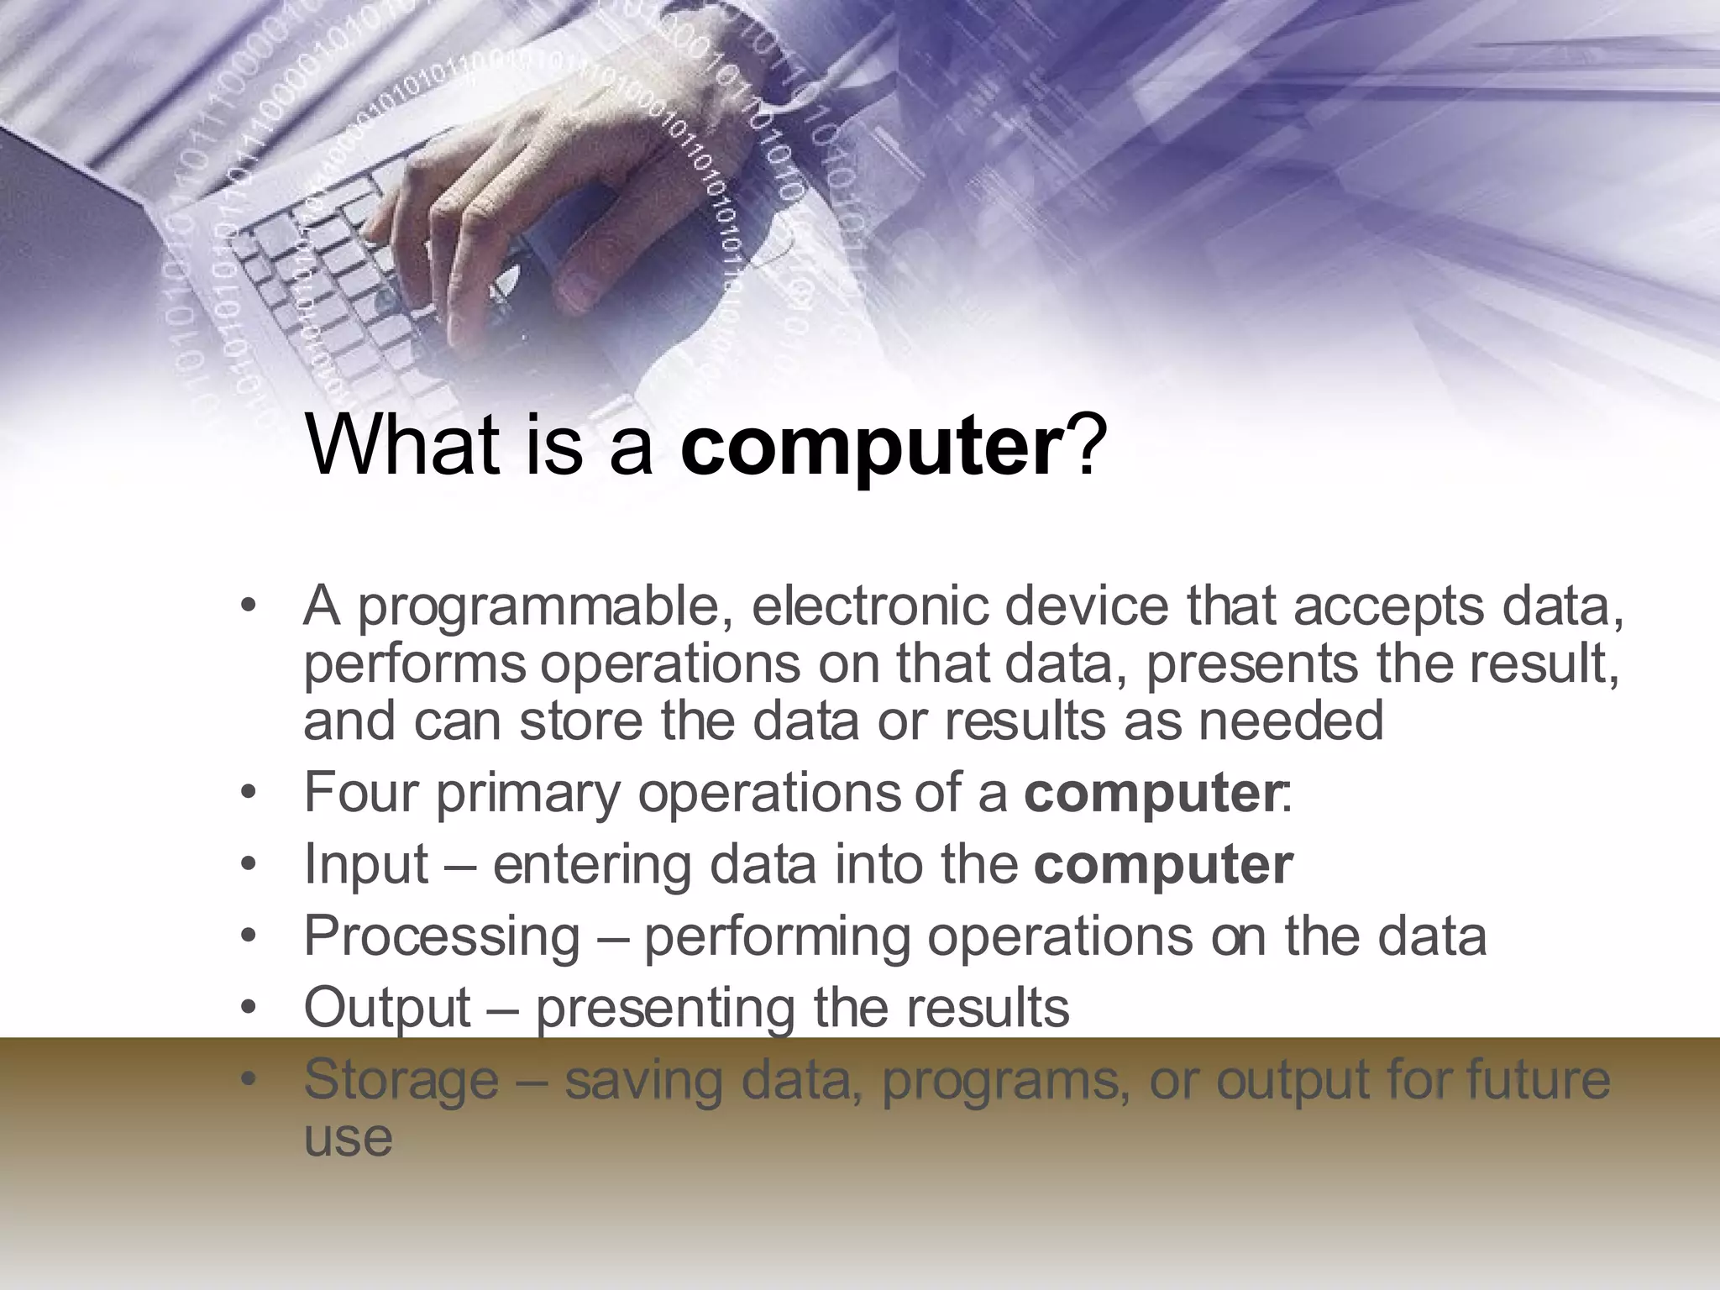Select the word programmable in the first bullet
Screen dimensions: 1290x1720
coord(545,609)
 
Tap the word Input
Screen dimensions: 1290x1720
coord(366,865)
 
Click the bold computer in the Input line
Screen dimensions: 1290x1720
coord(1163,865)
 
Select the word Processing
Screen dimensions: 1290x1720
coord(442,937)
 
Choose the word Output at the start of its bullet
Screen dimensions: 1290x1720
coord(387,1008)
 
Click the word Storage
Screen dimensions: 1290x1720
coord(401,1081)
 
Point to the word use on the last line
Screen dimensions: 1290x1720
coord(348,1139)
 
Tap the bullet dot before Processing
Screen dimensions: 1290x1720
coord(246,937)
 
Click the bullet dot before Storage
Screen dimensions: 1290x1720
coord(246,1081)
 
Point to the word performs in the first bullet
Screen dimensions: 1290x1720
coord(415,665)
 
